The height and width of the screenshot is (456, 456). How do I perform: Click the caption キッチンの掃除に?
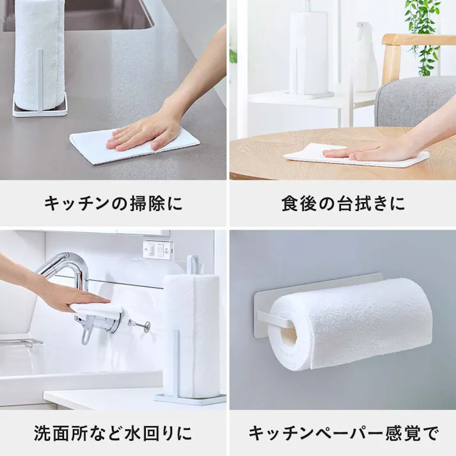(113, 204)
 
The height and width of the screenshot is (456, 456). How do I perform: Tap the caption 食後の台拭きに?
(343, 204)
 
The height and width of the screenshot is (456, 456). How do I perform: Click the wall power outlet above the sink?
(157, 249)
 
